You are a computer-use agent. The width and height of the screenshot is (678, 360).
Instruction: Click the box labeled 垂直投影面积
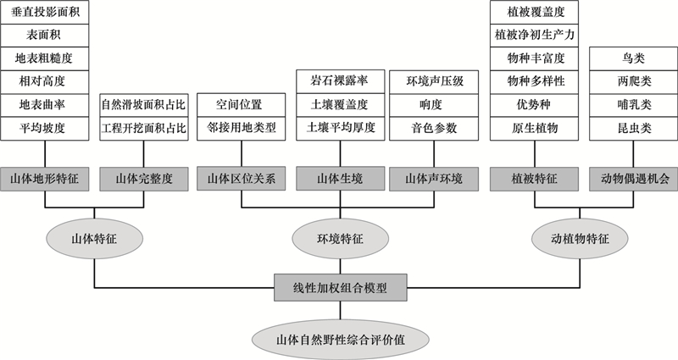click(x=45, y=12)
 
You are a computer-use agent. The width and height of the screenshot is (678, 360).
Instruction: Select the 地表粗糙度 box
click(x=45, y=58)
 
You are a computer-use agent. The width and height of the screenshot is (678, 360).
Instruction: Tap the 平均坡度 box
click(x=45, y=129)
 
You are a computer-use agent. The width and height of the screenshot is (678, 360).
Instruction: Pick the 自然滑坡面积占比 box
click(x=144, y=105)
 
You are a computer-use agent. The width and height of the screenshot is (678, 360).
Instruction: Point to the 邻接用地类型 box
click(x=242, y=129)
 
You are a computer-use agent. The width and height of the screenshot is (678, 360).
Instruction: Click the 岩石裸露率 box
click(x=341, y=81)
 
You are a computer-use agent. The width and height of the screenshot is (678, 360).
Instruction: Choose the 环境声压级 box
click(x=434, y=81)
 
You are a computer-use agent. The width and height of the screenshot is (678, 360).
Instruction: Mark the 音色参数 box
click(x=434, y=129)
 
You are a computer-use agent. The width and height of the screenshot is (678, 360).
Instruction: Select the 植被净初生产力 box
click(x=535, y=35)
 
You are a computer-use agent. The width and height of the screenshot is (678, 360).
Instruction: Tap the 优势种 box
click(x=535, y=105)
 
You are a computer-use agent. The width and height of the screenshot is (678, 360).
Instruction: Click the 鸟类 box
click(x=633, y=58)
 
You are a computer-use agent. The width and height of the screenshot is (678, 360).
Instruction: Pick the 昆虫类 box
click(x=633, y=129)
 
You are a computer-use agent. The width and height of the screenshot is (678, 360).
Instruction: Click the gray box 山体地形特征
click(x=45, y=179)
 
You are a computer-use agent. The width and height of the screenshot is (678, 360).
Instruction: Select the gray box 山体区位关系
click(x=242, y=179)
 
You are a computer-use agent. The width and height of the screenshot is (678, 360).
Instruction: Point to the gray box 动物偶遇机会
click(x=633, y=179)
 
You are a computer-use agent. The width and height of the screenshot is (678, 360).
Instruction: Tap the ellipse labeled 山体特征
click(x=94, y=239)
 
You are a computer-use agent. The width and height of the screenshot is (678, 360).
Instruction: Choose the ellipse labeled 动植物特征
click(x=580, y=239)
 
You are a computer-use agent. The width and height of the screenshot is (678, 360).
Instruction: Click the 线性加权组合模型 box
click(x=341, y=287)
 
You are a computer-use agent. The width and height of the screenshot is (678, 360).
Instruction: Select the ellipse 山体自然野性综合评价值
click(x=341, y=340)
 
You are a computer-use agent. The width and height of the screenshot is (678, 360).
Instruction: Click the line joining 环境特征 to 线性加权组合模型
click(x=341, y=266)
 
